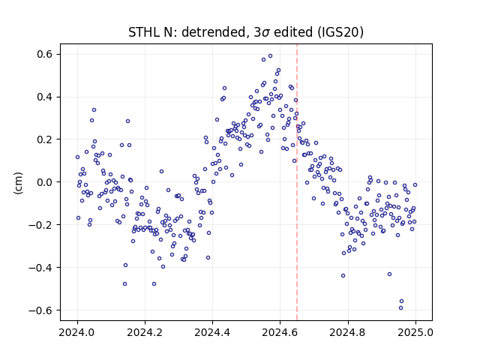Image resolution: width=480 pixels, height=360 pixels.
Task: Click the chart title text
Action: click(246, 32)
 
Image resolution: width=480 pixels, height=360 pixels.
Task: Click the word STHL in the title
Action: click(143, 32)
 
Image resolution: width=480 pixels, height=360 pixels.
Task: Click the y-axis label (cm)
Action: click(18, 183)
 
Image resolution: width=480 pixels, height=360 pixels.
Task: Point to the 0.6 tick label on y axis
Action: click(45, 54)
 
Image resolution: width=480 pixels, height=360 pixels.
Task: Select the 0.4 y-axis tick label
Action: click(45, 97)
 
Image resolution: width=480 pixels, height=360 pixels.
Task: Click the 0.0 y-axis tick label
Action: click(45, 182)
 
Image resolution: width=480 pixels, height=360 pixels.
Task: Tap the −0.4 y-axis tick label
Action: click(41, 268)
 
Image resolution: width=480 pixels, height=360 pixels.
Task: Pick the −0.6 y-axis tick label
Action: click(41, 310)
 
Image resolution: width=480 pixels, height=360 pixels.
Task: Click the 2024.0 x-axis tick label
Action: click(77, 332)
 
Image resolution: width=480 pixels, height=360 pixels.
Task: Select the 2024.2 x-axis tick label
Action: click(145, 332)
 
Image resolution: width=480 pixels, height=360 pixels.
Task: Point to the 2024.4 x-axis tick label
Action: click(212, 332)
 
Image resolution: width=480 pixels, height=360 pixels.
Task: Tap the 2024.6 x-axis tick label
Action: click(280, 332)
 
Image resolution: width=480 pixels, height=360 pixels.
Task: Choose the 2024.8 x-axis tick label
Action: click(347, 332)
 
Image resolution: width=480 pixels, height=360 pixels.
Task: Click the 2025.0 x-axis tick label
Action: click(415, 332)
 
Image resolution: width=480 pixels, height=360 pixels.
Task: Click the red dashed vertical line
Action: click(297, 182)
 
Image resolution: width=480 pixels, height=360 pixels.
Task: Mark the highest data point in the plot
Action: click(270, 56)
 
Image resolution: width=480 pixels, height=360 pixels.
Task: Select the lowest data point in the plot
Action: click(400, 308)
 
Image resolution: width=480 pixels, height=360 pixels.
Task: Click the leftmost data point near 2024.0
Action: click(77, 157)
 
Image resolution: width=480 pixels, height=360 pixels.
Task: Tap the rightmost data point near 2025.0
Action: click(415, 185)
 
